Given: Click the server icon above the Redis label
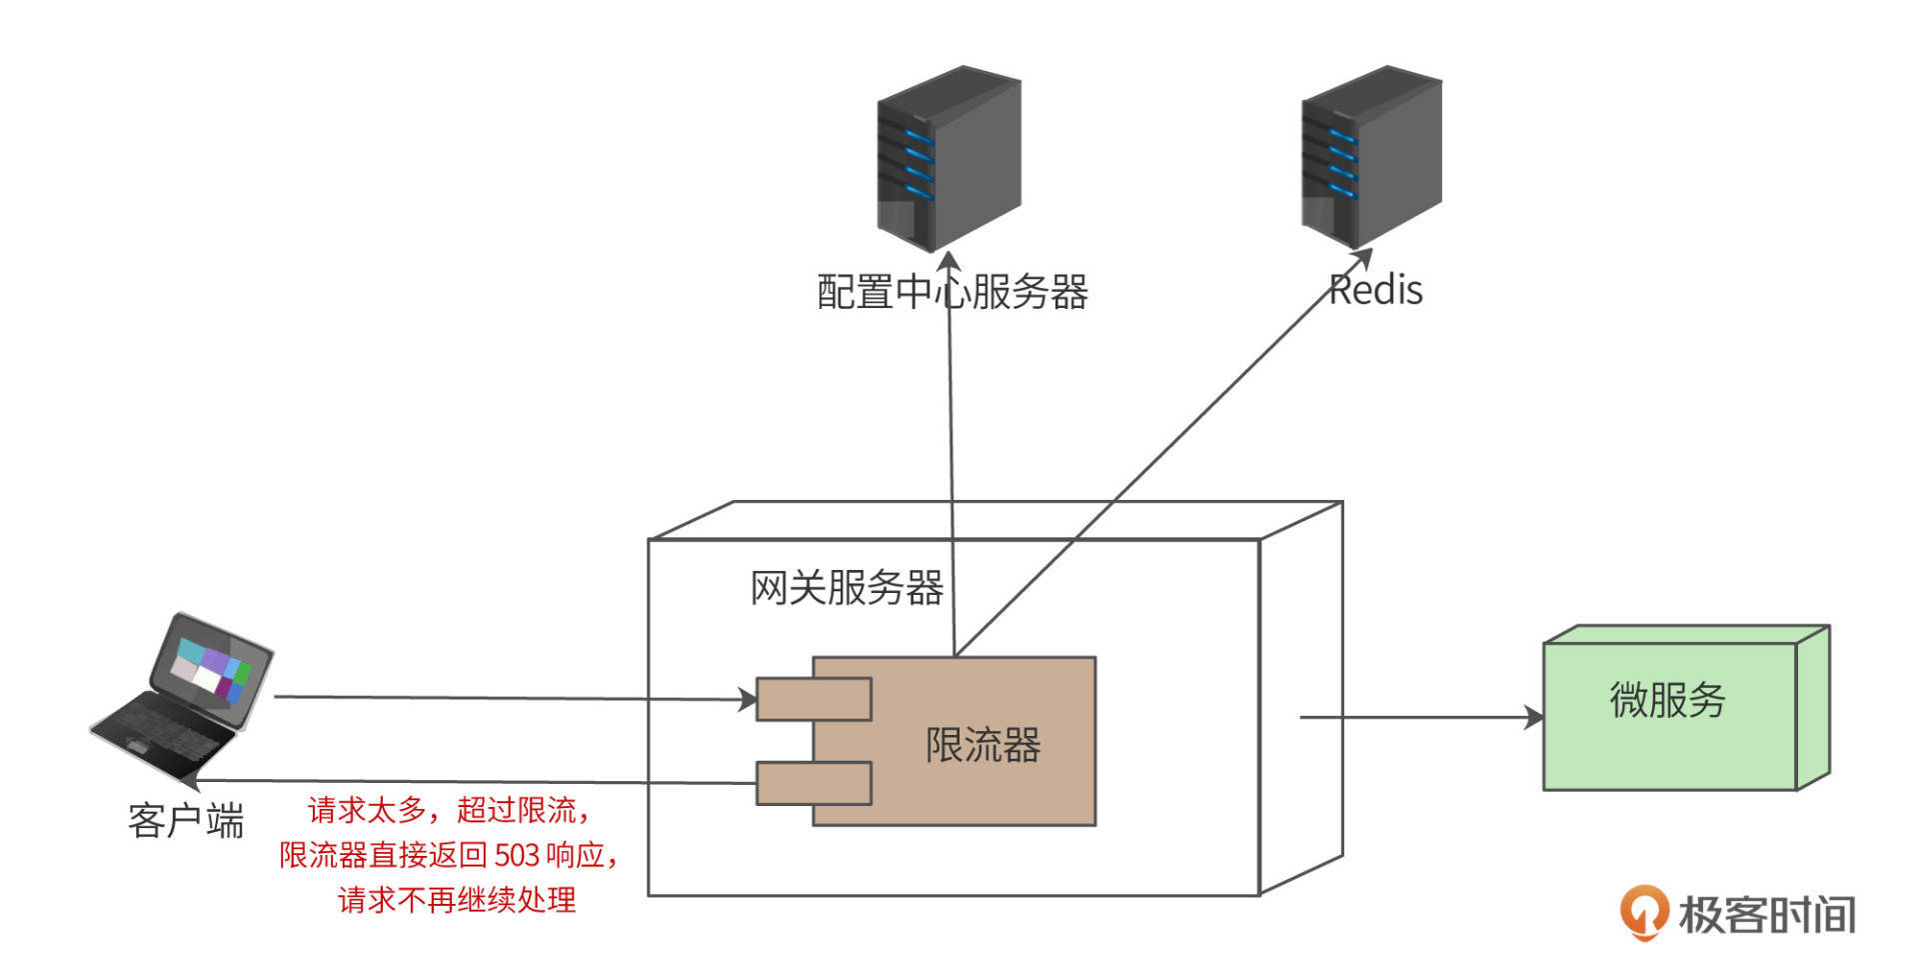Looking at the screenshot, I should [x=1370, y=156].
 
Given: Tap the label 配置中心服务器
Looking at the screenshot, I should [x=952, y=292].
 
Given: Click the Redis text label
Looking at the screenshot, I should [x=1377, y=290].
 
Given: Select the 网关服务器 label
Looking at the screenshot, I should [x=847, y=587].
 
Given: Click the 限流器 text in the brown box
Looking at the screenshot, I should [x=982, y=745].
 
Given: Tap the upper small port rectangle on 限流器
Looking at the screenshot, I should [x=813, y=699].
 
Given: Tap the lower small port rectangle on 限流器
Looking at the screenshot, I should [x=813, y=783].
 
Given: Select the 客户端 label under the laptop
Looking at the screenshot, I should [x=186, y=821].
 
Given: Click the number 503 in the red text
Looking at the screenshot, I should [x=517, y=856].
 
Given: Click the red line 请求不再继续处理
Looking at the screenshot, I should [x=457, y=900].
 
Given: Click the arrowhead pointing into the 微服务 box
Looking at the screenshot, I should [x=1534, y=717].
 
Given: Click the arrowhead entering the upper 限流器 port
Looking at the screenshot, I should [x=748, y=699].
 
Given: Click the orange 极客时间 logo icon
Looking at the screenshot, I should [x=1643, y=911].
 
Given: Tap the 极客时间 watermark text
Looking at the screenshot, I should [x=1767, y=914].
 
